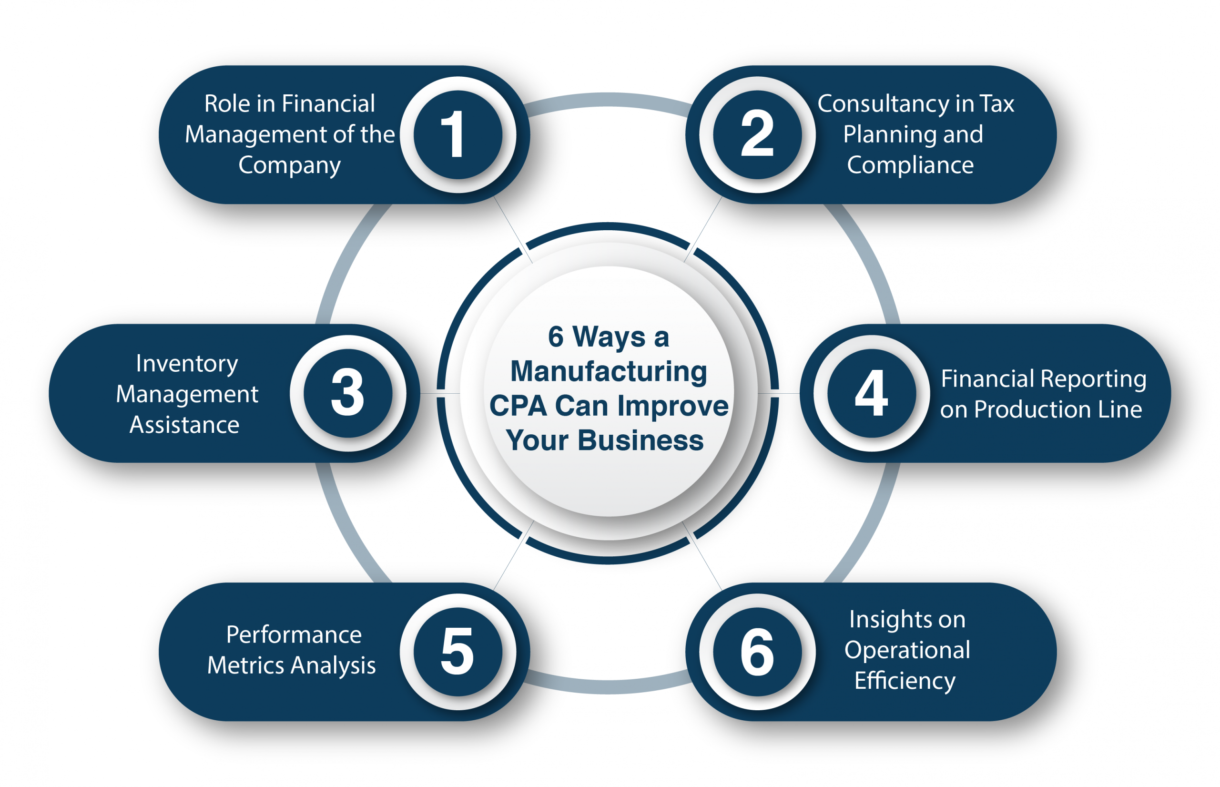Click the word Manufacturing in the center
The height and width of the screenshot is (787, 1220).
tap(609, 371)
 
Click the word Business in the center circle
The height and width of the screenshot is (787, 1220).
tap(640, 440)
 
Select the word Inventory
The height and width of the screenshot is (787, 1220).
tap(187, 363)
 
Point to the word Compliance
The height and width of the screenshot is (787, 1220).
tap(910, 165)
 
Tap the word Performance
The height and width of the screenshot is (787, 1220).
tap(294, 635)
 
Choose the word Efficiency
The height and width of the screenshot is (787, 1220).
tap(905, 681)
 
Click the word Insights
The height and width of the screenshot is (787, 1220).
tap(907, 619)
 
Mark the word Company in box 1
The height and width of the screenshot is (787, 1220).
tap(289, 165)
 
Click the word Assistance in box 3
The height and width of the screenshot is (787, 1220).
tap(184, 425)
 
